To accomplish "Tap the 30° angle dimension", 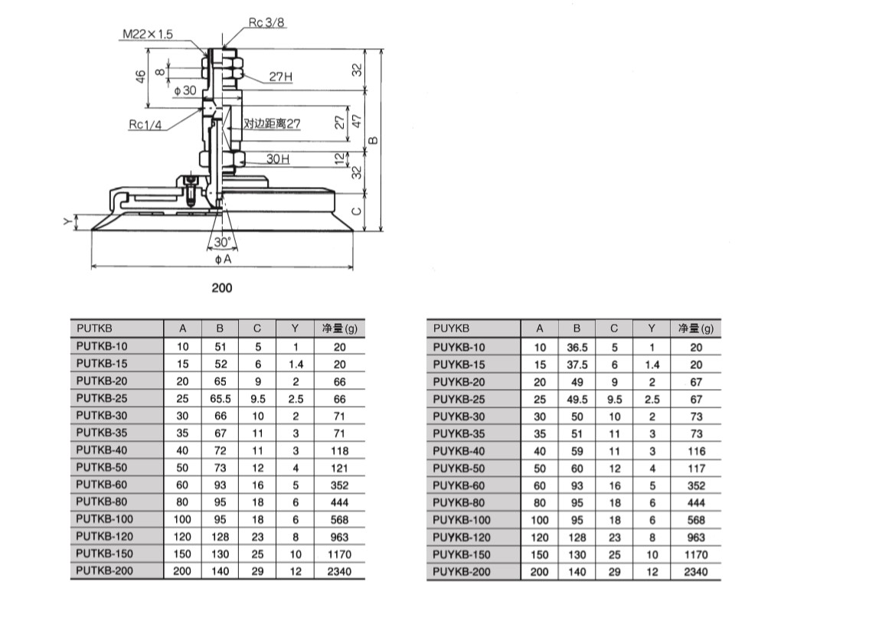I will click(x=223, y=241).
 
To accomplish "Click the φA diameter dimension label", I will click(x=223, y=260).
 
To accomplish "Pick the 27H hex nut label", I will click(x=280, y=77).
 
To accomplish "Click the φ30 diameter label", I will click(x=185, y=90).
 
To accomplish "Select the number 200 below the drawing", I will click(x=221, y=288).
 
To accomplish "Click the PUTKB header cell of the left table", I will click(x=95, y=329).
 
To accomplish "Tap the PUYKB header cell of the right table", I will click(x=450, y=329).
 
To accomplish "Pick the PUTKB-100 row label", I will click(x=103, y=519).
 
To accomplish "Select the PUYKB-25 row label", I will click(x=459, y=399).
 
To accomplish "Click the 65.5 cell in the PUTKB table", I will click(x=220, y=399).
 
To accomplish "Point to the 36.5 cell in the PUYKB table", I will click(x=577, y=347).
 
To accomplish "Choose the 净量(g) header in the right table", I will click(x=695, y=329).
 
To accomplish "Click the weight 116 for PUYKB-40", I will click(x=696, y=451).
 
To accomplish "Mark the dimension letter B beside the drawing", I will click(x=373, y=140).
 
